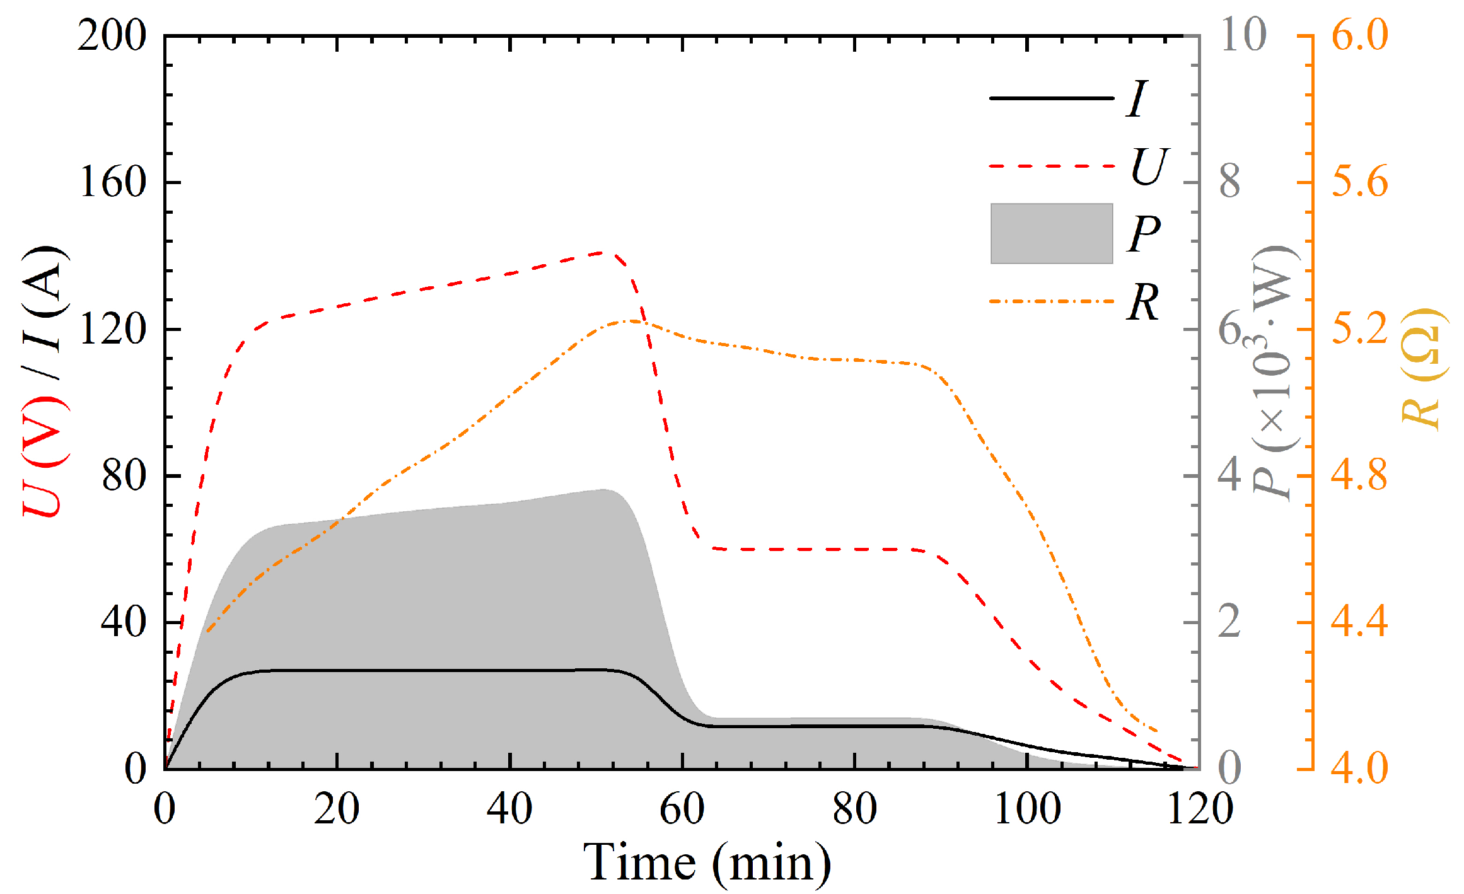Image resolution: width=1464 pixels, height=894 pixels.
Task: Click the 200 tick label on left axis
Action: (112, 36)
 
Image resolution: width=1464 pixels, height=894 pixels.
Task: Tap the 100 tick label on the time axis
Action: (1028, 808)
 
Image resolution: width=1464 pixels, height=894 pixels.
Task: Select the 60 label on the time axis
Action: (682, 808)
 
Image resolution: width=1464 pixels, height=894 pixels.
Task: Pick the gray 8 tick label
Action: (1230, 182)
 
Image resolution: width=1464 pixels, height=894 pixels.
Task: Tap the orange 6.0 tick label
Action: (1360, 35)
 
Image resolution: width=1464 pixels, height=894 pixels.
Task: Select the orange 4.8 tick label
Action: (1360, 475)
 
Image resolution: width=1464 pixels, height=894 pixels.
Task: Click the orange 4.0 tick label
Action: (1360, 769)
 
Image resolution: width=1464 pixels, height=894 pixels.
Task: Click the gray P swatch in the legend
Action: (1051, 233)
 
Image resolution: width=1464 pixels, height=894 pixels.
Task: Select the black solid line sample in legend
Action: (1051, 98)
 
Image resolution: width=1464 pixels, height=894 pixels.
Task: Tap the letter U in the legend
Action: (1149, 166)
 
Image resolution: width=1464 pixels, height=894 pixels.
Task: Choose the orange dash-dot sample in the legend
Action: (1051, 301)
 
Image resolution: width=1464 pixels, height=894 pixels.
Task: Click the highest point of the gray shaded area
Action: (603, 490)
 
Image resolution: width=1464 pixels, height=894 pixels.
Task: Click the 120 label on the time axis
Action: (1200, 808)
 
